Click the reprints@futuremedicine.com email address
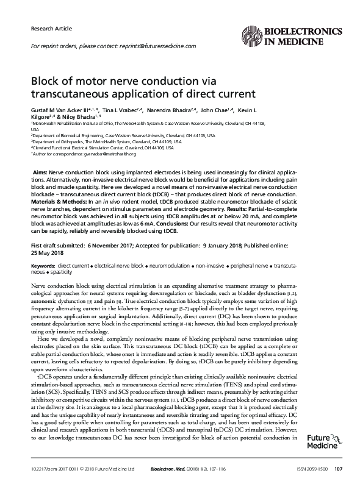[x=156, y=47]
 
